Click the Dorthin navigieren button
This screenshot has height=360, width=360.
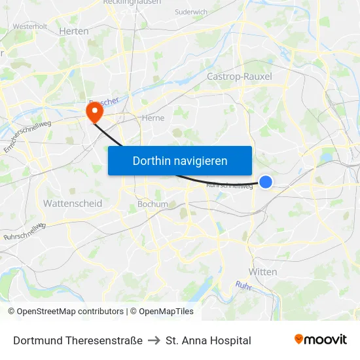pos(180,160)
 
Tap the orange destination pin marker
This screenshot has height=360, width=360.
pos(94,113)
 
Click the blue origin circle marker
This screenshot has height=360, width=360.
pos(266,182)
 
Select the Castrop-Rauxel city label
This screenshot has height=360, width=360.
pos(239,77)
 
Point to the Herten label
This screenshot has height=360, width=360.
pos(73,31)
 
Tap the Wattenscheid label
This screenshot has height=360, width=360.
pos(73,204)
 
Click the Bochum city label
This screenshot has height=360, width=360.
pos(153,204)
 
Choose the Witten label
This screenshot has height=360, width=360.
pos(262,272)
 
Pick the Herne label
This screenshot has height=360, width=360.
pos(153,118)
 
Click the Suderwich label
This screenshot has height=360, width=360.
pos(191,12)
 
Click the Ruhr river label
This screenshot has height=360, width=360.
pos(243,285)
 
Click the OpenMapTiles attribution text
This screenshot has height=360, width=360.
pos(166,312)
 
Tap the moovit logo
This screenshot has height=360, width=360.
pos(321,339)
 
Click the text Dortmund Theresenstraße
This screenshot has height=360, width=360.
pos(78,340)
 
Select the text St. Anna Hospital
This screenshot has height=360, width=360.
pos(208,340)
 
